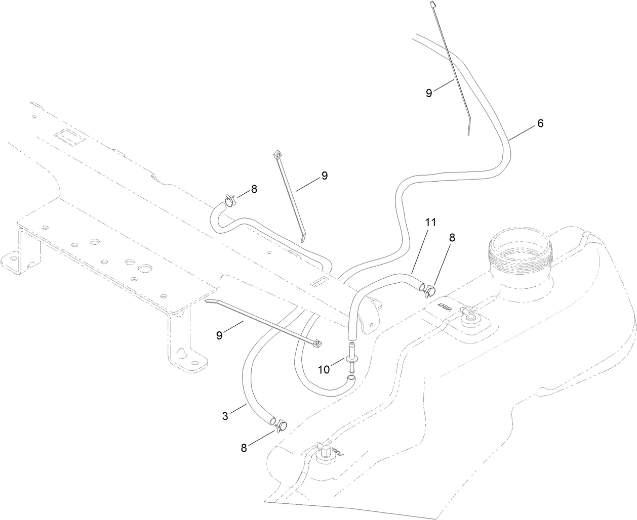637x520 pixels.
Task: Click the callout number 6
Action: click(540, 123)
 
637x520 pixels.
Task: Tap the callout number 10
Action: click(324, 370)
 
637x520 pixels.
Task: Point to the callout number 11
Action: click(430, 222)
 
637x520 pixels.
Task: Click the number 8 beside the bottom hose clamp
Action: click(244, 447)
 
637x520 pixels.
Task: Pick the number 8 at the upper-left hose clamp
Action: click(254, 189)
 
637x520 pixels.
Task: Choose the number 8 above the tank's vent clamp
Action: click(452, 237)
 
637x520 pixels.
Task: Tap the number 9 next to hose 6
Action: click(429, 93)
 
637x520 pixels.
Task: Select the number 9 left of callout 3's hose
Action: click(219, 335)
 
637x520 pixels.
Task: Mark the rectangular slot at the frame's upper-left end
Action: click(66, 137)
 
